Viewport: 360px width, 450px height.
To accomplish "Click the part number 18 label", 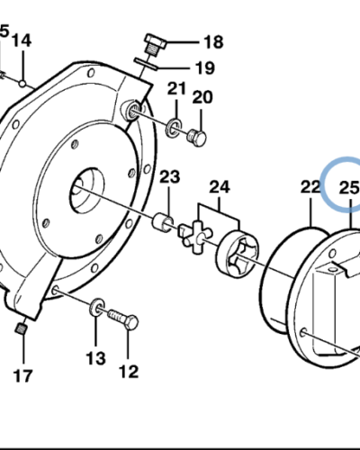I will pyautogui.click(x=211, y=41).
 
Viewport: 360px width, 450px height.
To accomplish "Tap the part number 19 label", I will pyautogui.click(x=204, y=67).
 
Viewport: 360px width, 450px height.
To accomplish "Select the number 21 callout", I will pyautogui.click(x=176, y=88).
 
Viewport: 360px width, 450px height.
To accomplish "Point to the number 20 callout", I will pyautogui.click(x=202, y=97).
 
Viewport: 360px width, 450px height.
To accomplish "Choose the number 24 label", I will pyautogui.click(x=219, y=187).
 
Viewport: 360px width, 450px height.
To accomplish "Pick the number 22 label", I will pyautogui.click(x=310, y=187).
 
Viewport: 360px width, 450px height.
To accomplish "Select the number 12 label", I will pyautogui.click(x=129, y=368).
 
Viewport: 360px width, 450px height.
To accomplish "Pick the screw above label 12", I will pyautogui.click(x=123, y=319).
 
